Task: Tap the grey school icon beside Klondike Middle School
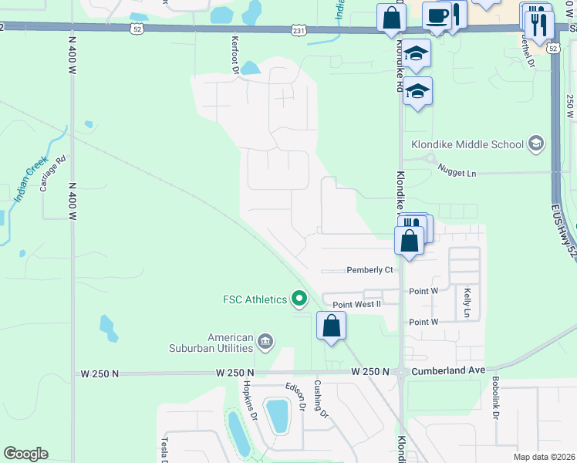click(536, 144)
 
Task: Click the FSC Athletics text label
click(254, 299)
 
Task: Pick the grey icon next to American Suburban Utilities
click(265, 341)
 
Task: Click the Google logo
click(26, 454)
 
